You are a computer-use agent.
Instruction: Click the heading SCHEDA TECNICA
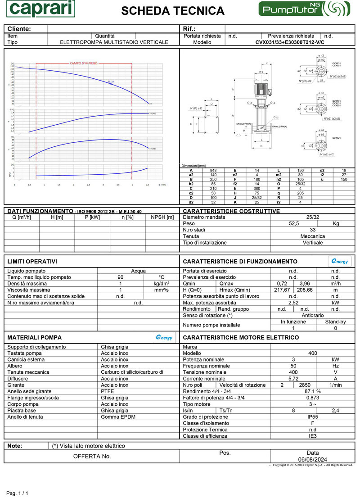tap(173, 11)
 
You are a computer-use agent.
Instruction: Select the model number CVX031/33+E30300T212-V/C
tap(290, 42)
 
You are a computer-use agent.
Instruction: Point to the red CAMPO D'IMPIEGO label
tap(83, 63)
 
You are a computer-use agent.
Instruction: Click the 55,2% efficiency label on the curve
tap(111, 81)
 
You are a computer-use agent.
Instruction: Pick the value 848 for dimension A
tap(213, 171)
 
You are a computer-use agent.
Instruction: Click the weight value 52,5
tap(294, 223)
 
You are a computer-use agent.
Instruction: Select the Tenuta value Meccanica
tap(312, 236)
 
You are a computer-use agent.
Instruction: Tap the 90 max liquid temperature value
tap(120, 277)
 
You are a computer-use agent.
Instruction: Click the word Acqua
tap(138, 271)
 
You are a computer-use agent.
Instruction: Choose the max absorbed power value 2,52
tap(293, 303)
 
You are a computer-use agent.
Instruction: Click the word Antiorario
tap(312, 315)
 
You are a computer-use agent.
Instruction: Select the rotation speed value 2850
tap(305, 385)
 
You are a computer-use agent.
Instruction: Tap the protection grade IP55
tap(312, 417)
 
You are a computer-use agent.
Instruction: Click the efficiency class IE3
tap(312, 436)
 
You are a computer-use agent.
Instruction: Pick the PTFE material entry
tap(108, 391)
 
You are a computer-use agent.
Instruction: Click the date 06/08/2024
tap(312, 459)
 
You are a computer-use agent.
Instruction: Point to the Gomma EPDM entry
tap(118, 417)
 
